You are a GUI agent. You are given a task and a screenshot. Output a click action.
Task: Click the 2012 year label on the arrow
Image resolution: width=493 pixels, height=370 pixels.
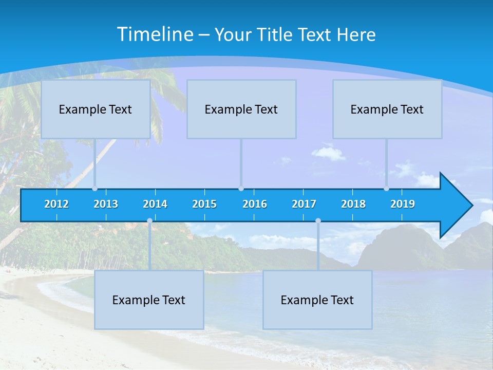click(x=56, y=204)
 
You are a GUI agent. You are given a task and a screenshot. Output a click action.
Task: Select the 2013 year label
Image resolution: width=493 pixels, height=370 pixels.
click(x=106, y=204)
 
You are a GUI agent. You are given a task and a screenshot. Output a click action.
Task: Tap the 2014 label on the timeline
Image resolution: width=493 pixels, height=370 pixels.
click(x=155, y=204)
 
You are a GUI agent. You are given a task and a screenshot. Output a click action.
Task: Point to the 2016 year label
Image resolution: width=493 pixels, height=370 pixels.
click(x=255, y=204)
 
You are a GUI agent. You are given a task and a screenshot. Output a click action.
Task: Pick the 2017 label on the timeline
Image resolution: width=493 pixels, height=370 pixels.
click(x=304, y=204)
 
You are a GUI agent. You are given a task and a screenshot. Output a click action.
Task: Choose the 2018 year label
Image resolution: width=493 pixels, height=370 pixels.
click(x=353, y=204)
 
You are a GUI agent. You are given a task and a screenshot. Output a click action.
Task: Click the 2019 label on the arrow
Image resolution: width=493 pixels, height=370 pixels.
click(x=403, y=204)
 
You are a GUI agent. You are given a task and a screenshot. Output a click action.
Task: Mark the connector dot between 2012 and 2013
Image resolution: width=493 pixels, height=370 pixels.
click(x=94, y=189)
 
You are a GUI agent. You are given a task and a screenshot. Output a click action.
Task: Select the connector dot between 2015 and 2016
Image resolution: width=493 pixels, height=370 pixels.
click(x=241, y=189)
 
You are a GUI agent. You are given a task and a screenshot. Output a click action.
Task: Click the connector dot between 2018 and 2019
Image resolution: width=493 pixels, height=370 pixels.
click(x=386, y=189)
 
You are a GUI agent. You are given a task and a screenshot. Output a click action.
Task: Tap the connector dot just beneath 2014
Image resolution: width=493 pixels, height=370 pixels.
click(x=149, y=220)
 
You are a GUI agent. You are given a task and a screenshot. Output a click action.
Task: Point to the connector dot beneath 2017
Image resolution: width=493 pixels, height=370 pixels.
click(x=318, y=220)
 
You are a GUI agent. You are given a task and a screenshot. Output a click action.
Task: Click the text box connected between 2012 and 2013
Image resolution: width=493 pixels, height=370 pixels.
click(x=96, y=109)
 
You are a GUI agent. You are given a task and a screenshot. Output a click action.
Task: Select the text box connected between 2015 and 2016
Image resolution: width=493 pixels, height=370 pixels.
click(x=241, y=109)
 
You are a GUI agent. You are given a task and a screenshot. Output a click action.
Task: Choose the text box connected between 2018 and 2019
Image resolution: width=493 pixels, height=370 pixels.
click(x=387, y=109)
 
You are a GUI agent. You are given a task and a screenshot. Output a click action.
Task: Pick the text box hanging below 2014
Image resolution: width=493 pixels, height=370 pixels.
click(x=149, y=300)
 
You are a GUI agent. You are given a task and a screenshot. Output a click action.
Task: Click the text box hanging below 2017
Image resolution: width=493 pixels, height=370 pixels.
click(x=317, y=300)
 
